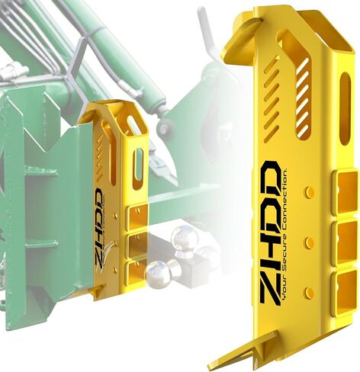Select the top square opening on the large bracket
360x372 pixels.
346,191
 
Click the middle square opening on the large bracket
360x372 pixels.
346,240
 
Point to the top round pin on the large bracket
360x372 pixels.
310,191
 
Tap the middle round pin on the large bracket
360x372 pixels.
309,242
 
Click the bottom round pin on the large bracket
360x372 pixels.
308,292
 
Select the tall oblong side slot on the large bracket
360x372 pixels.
346,109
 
